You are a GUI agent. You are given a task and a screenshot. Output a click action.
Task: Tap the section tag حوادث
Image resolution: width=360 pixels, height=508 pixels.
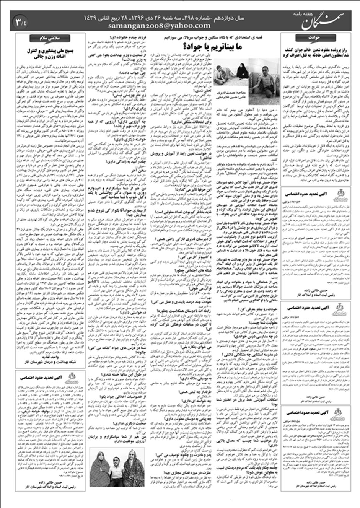(x=310, y=37)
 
